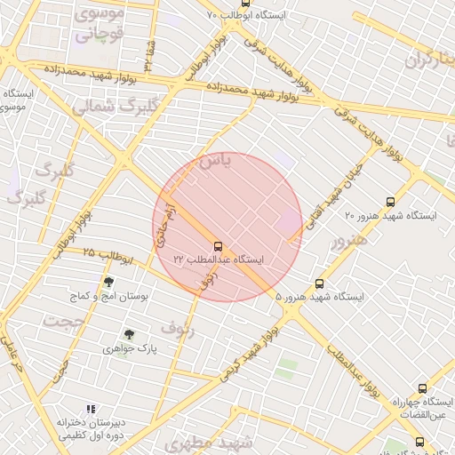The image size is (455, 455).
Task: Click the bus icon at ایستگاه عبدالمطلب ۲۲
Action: [x=218, y=244]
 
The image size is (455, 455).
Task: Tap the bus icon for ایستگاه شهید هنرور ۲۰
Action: [x=391, y=202]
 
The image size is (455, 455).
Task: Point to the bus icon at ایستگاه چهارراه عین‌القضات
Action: [x=421, y=388]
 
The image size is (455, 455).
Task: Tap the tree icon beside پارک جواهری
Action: [x=130, y=335]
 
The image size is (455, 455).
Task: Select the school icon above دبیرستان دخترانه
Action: [x=90, y=409]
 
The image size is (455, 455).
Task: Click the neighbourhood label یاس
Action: [x=214, y=161]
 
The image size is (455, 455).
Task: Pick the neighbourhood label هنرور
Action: [x=347, y=241]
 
